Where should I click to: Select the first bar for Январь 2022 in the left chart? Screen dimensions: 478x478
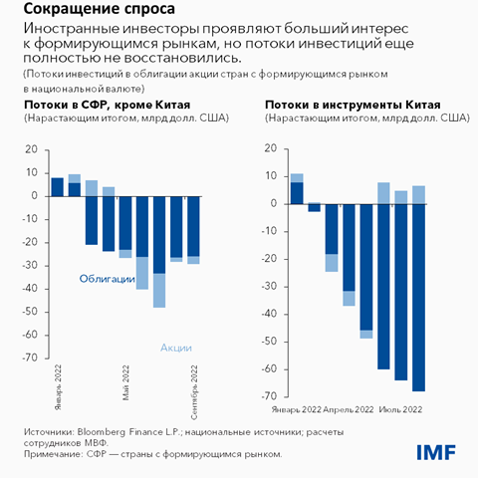(x=57, y=186)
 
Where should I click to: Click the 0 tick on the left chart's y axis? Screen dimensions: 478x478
(x=35, y=195)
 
